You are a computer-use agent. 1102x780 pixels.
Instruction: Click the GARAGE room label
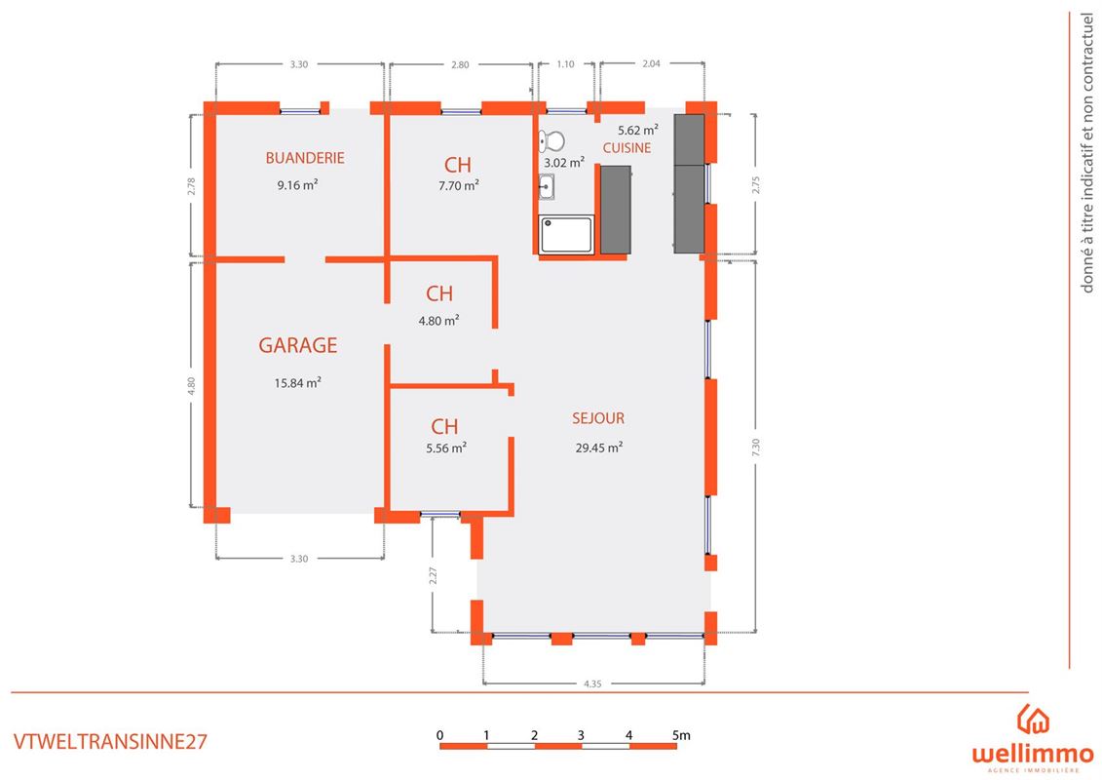[298, 345]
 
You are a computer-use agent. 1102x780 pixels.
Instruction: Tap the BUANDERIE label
[305, 158]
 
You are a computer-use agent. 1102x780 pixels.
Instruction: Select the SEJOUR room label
[598, 418]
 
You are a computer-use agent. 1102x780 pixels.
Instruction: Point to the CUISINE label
[627, 147]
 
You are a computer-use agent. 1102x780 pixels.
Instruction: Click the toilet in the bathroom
[551, 141]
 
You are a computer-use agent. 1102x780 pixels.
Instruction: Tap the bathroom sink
[546, 187]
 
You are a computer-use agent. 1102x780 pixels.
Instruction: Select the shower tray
[566, 235]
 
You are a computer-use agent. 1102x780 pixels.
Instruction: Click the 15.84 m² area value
[298, 382]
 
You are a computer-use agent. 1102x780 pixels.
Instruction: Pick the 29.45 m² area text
[599, 448]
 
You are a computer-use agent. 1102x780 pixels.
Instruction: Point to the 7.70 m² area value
[459, 185]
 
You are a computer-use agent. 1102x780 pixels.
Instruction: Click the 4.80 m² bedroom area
[439, 321]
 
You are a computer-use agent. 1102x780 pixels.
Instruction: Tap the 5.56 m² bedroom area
[446, 448]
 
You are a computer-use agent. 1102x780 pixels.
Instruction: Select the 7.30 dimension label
[755, 447]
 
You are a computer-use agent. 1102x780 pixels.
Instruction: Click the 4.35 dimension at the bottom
[592, 683]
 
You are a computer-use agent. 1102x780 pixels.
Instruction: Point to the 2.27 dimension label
[433, 575]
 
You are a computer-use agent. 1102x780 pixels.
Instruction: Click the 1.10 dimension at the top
[565, 64]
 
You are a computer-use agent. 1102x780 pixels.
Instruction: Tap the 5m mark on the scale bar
[681, 736]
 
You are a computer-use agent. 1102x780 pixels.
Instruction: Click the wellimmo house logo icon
[1033, 720]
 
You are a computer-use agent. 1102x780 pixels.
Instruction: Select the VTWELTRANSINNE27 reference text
[110, 741]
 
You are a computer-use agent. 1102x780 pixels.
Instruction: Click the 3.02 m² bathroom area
[564, 163]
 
